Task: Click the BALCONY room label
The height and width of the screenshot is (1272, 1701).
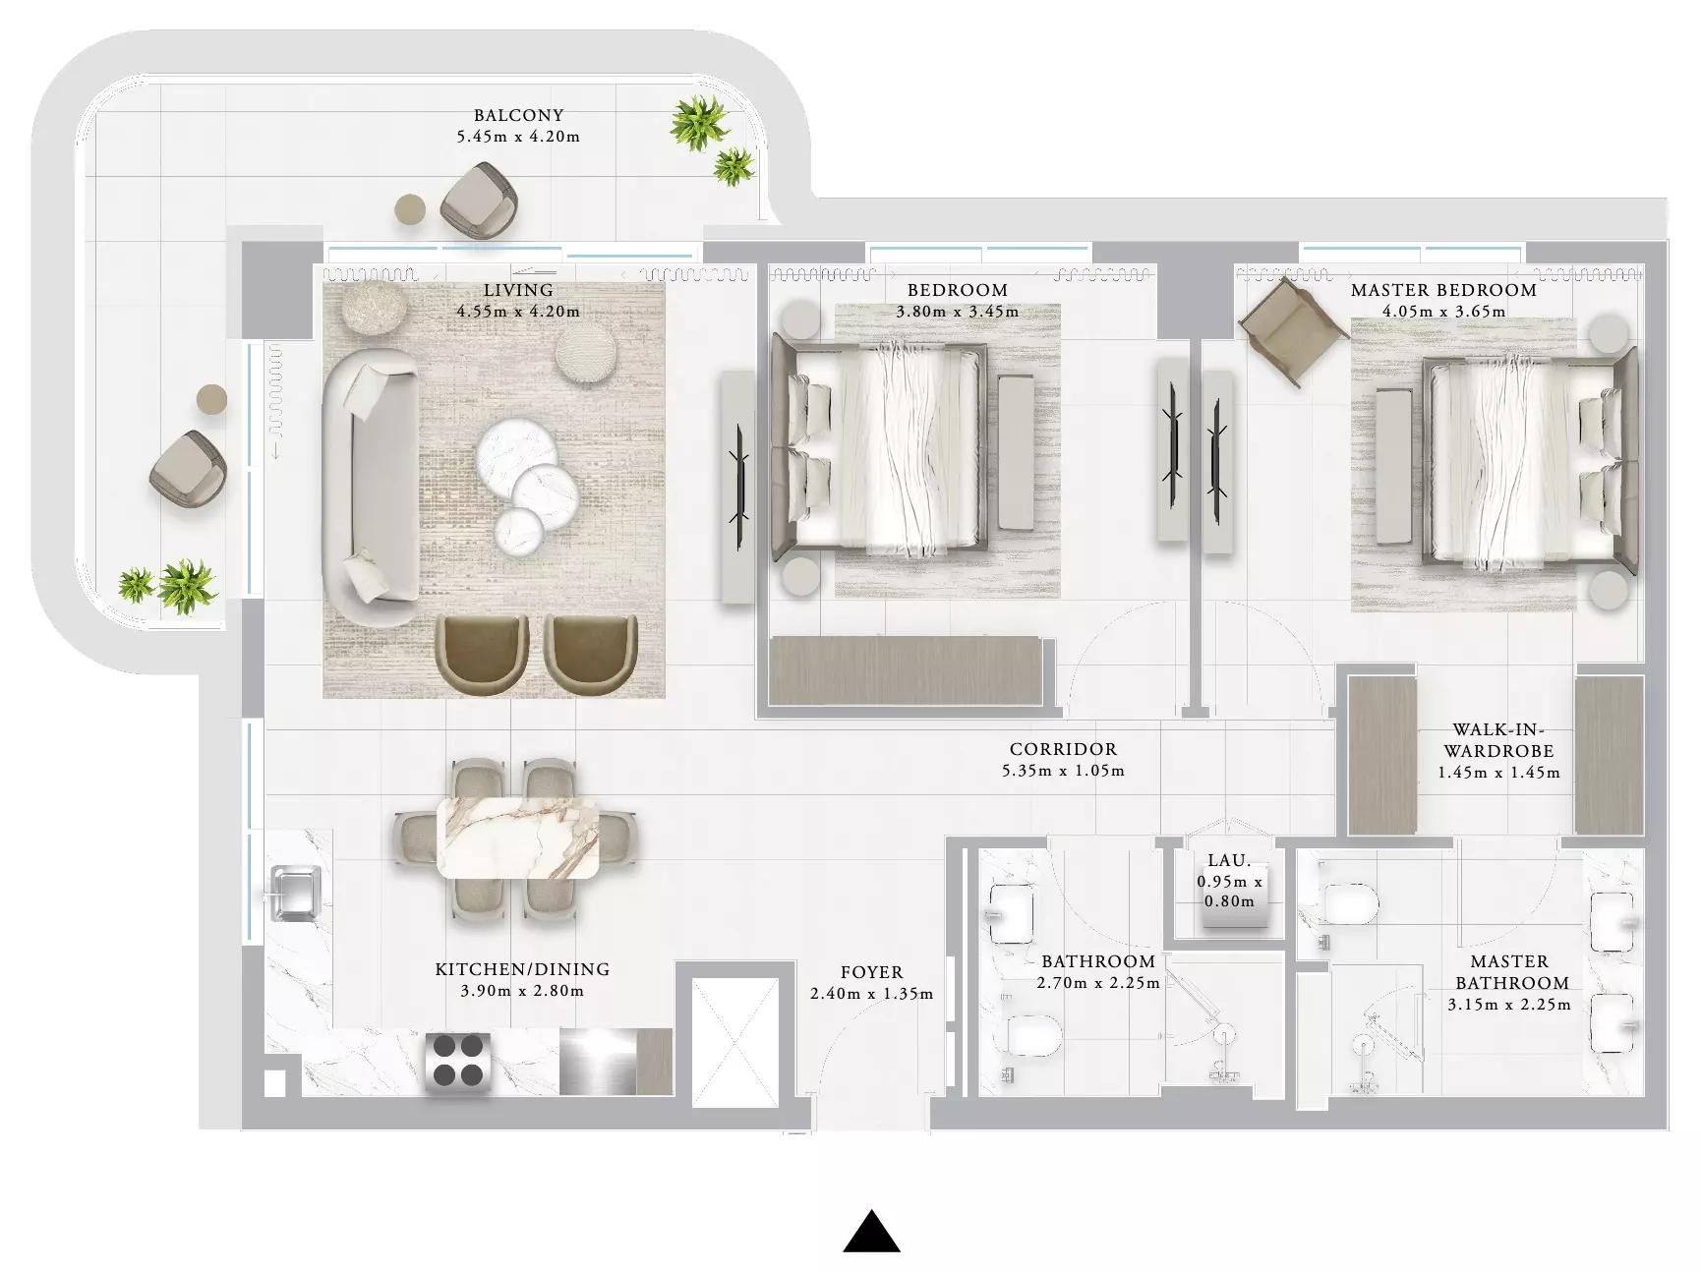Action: [x=518, y=115]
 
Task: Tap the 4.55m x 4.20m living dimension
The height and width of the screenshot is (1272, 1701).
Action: [x=518, y=312]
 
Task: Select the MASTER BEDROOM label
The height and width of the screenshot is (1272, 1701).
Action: [x=1443, y=290]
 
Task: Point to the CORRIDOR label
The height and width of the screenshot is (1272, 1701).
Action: [x=1063, y=749]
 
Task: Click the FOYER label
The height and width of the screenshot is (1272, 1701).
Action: [x=871, y=972]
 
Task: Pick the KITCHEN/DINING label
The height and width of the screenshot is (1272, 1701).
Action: [x=522, y=969]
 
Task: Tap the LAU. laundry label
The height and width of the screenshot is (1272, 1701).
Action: [x=1229, y=860]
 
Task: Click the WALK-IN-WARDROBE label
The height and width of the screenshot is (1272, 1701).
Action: [x=1498, y=740]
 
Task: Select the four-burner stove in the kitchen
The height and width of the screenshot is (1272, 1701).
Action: [x=458, y=1063]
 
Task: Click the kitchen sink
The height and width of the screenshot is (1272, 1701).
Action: [x=292, y=894]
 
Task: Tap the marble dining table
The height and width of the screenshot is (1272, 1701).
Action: [x=518, y=837]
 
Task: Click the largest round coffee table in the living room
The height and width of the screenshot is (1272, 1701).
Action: [x=517, y=455]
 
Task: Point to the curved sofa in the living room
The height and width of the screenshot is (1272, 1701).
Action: [x=369, y=488]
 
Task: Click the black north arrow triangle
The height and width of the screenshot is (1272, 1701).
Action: [x=871, y=1232]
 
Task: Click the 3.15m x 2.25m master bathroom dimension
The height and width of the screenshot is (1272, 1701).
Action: [x=1509, y=1005]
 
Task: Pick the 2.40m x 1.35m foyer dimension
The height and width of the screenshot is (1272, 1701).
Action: [x=871, y=994]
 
